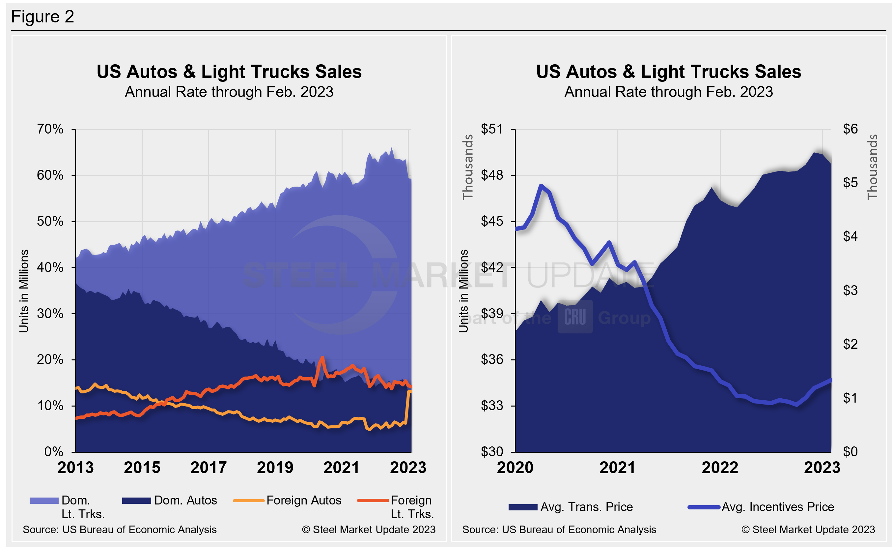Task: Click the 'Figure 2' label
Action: click(43, 17)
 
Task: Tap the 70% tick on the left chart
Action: click(50, 129)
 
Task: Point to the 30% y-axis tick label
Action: click(50, 313)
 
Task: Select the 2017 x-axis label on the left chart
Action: click(209, 467)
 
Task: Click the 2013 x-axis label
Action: click(75, 467)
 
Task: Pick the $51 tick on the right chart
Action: click(491, 129)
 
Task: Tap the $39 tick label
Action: click(491, 313)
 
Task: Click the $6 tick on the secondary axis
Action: click(850, 129)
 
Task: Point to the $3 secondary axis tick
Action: click(850, 290)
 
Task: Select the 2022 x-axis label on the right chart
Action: click(720, 467)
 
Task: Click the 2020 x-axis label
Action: click(515, 467)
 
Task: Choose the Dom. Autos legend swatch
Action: click(136, 501)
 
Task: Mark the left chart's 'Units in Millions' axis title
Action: click(24, 291)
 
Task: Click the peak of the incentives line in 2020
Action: click(541, 186)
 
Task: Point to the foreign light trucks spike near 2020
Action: click(322, 357)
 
